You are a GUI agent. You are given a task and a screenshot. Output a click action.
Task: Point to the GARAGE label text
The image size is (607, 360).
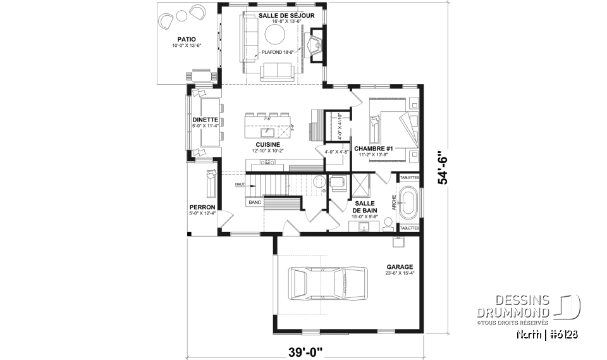[399, 267]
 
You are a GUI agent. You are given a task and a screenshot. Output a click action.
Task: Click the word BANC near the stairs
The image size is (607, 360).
[255, 202]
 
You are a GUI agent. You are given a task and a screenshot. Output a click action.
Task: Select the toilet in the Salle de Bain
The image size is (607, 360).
[386, 222]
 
